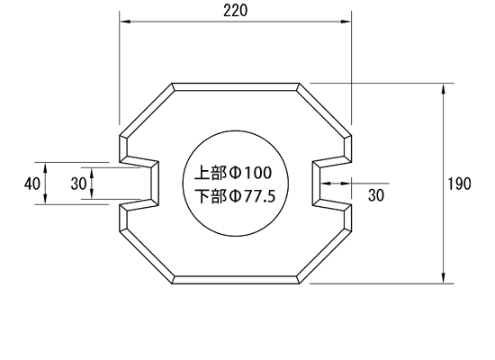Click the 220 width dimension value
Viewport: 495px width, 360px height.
pos(236,11)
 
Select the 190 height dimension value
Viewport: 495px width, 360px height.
pos(460,184)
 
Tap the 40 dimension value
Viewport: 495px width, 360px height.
pos(32,184)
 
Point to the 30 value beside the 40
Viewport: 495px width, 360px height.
pos(78,184)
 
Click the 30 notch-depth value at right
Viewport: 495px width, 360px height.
pos(376,195)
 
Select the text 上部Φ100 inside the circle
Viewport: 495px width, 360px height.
pos(233,173)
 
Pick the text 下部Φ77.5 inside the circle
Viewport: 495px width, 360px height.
pos(235,196)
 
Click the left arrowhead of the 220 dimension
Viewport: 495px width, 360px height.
pos(125,22)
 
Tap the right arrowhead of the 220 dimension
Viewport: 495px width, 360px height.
pos(346,22)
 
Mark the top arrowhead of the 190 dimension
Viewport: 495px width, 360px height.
pos(444,89)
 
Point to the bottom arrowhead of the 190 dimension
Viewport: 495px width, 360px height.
pos(444,278)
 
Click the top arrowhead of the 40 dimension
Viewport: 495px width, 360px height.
pos(46,167)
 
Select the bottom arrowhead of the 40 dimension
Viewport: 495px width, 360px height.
pos(46,199)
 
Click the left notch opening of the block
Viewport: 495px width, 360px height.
pos(139,184)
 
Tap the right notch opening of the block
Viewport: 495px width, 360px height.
pos(332,184)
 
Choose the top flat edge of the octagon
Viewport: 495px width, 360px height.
pos(236,86)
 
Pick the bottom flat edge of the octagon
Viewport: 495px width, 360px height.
pos(236,280)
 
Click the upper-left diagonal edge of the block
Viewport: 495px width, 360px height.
pos(147,110)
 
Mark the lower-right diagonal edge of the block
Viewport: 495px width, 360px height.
pos(325,256)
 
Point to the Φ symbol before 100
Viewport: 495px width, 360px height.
pos(235,173)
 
